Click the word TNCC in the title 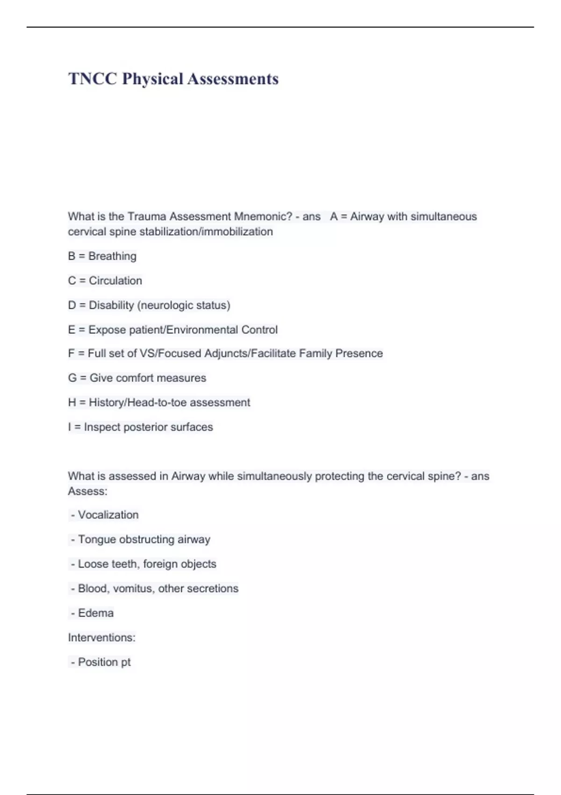(93, 79)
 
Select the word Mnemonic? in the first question (263, 217)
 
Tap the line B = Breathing (102, 256)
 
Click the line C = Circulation (105, 281)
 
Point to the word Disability (111, 305)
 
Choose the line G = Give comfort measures (137, 378)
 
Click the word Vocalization (108, 515)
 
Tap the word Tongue (97, 540)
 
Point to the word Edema (95, 613)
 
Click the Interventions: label (101, 638)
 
